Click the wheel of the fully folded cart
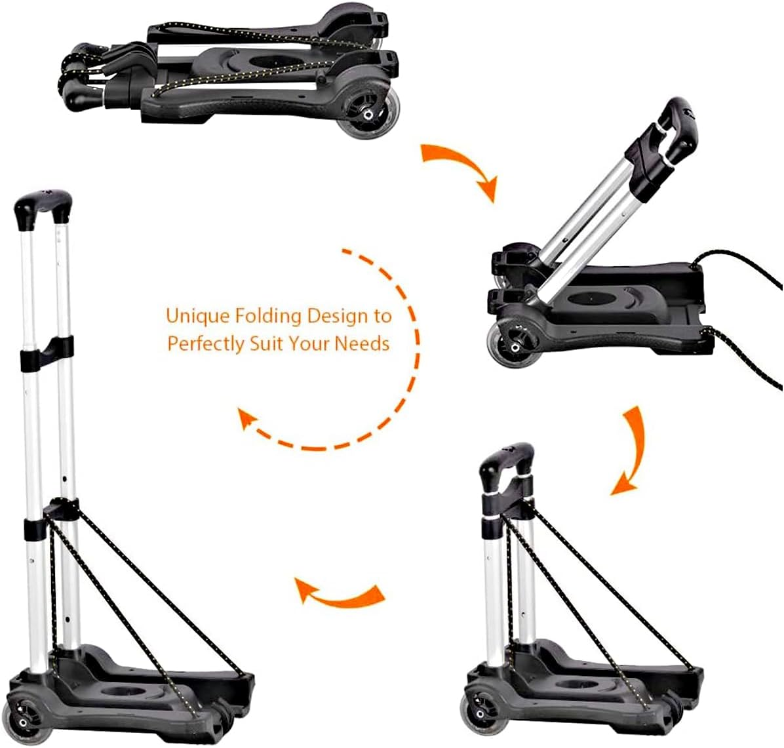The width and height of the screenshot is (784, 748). (364, 115)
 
